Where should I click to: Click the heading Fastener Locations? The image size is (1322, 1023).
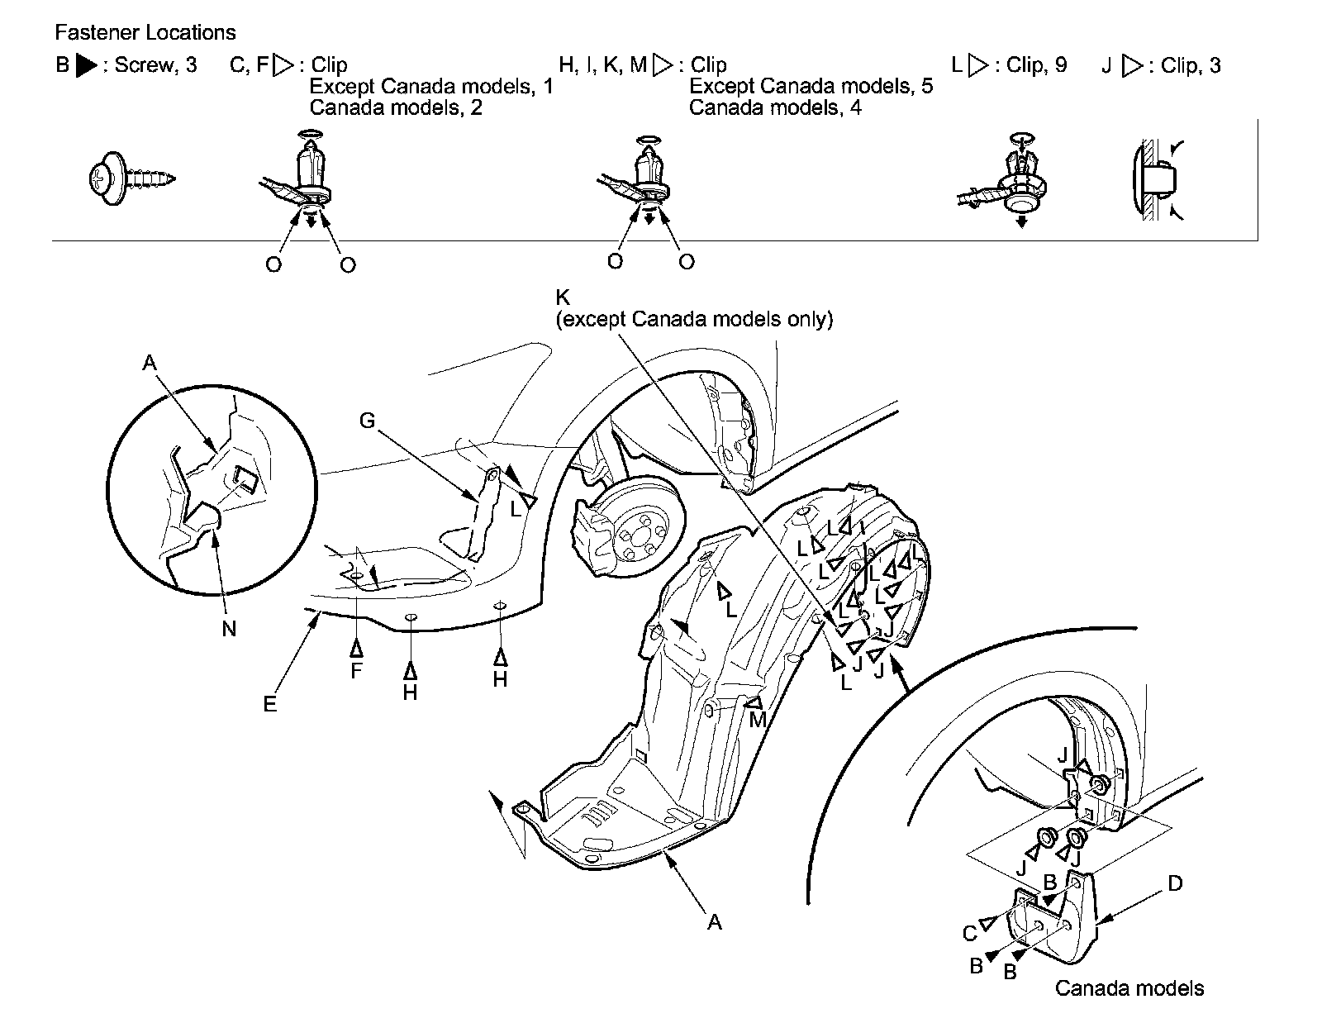(x=145, y=33)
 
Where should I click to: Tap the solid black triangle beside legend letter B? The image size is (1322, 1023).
(x=86, y=65)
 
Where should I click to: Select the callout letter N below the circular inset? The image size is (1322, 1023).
(x=229, y=629)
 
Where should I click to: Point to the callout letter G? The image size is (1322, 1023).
(x=367, y=421)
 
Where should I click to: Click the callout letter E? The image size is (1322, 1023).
(x=270, y=705)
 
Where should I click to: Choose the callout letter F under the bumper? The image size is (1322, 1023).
(x=356, y=671)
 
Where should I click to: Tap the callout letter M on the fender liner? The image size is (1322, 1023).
(x=757, y=721)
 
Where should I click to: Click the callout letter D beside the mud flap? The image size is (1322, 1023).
(x=1174, y=884)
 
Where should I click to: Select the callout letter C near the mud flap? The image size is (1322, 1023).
(x=970, y=935)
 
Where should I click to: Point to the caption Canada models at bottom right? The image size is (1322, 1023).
(x=1129, y=988)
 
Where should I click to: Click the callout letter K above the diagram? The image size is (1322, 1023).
(x=564, y=297)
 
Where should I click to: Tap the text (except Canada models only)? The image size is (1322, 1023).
(x=695, y=319)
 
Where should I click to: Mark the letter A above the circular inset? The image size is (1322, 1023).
(x=149, y=362)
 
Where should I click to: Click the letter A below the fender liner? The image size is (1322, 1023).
(x=714, y=922)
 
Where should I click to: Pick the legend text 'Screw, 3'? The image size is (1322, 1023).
(x=155, y=65)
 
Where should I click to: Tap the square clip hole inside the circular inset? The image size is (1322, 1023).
(x=245, y=477)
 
